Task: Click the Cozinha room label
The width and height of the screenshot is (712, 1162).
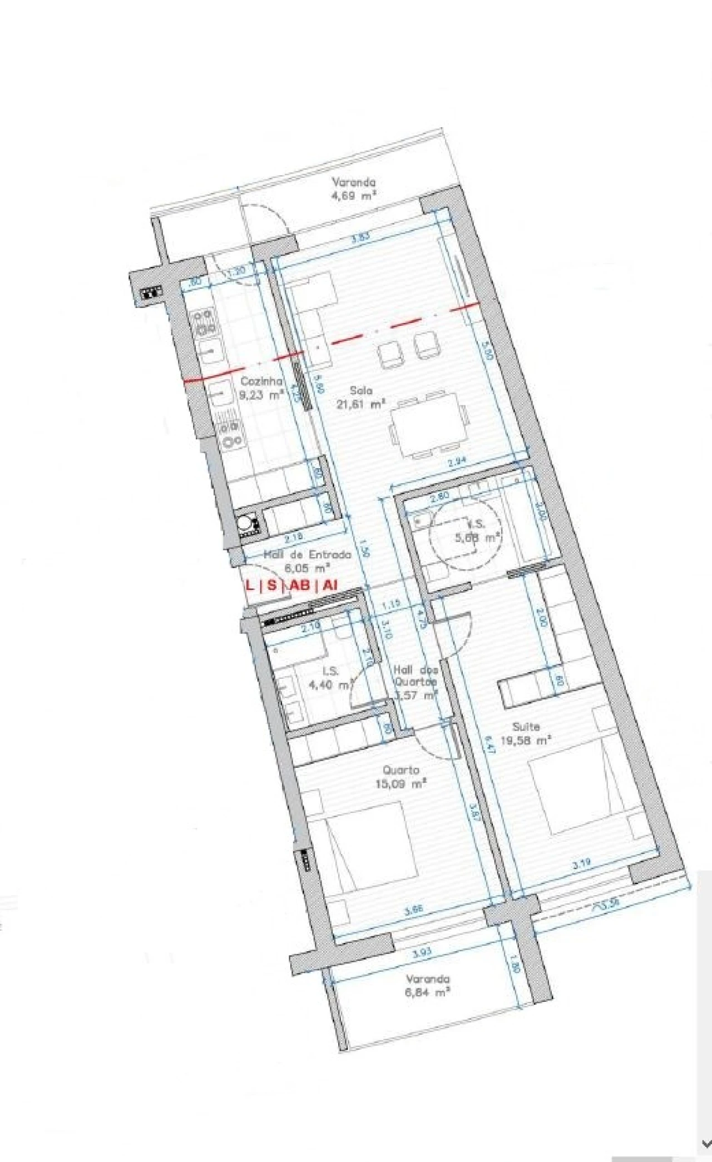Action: pyautogui.click(x=261, y=381)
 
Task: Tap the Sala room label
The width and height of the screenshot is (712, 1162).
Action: pyautogui.click(x=362, y=390)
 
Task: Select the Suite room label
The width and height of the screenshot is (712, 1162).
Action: pyautogui.click(x=526, y=726)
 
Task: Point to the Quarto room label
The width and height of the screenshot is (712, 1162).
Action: pyautogui.click(x=401, y=770)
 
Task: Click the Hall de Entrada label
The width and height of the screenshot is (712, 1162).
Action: pyautogui.click(x=307, y=554)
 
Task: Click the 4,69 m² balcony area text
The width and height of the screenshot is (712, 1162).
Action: pyautogui.click(x=354, y=195)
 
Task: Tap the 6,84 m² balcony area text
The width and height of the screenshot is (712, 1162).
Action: pyautogui.click(x=428, y=992)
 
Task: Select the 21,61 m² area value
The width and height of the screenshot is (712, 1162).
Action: pyautogui.click(x=361, y=404)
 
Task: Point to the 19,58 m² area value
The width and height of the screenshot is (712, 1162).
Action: pyautogui.click(x=526, y=740)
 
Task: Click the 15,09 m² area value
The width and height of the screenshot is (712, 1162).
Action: pyautogui.click(x=401, y=784)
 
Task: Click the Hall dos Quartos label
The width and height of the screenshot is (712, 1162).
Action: pyautogui.click(x=416, y=682)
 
